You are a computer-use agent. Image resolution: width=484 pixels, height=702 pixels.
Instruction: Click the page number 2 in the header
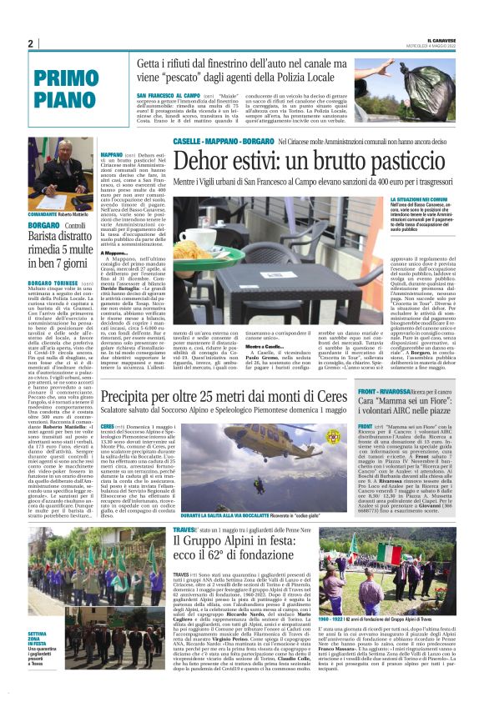click(x=30, y=43)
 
